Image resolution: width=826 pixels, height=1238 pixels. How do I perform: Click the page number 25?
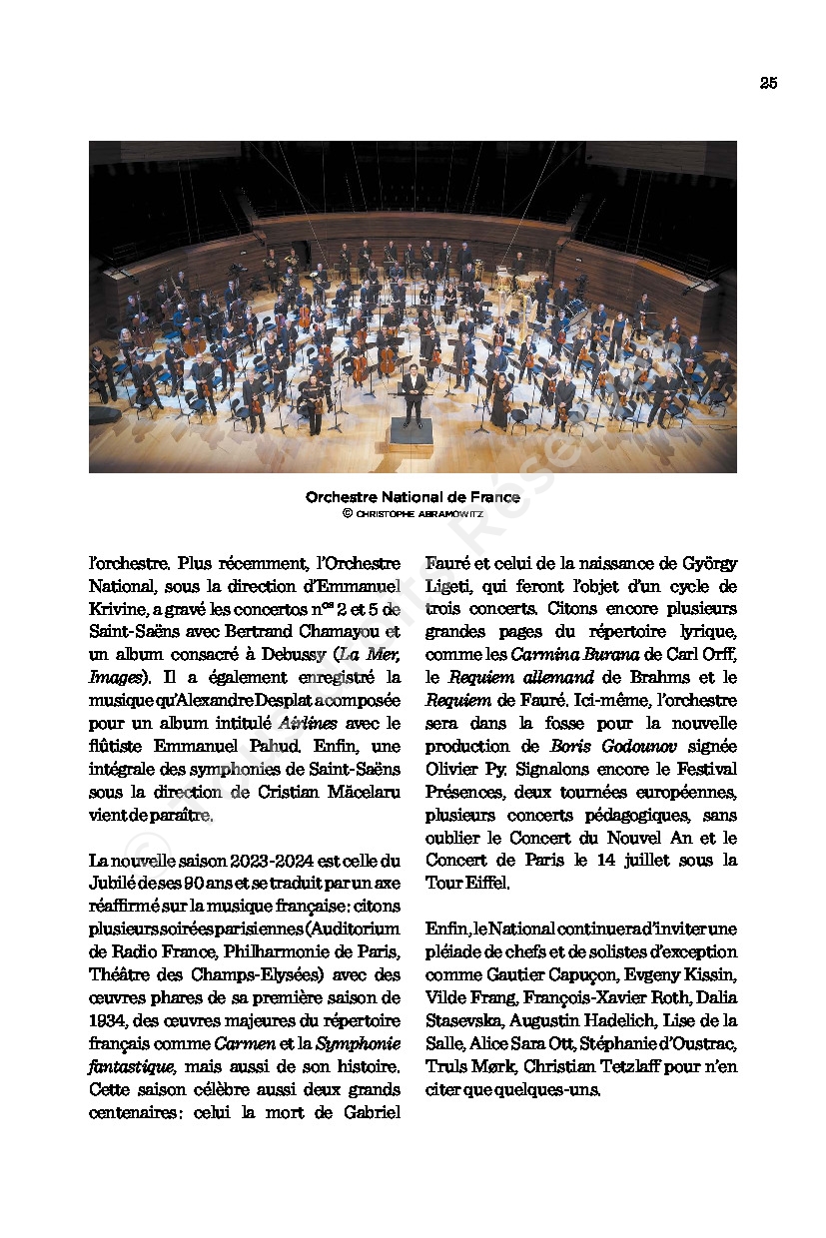coord(768,84)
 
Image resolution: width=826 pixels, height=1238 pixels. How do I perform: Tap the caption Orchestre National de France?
coord(413,497)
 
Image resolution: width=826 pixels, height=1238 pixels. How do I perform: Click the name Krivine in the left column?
coord(115,609)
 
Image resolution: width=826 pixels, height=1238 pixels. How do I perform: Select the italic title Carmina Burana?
coord(567,655)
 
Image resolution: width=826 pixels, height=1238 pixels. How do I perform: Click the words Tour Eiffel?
coord(467,883)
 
